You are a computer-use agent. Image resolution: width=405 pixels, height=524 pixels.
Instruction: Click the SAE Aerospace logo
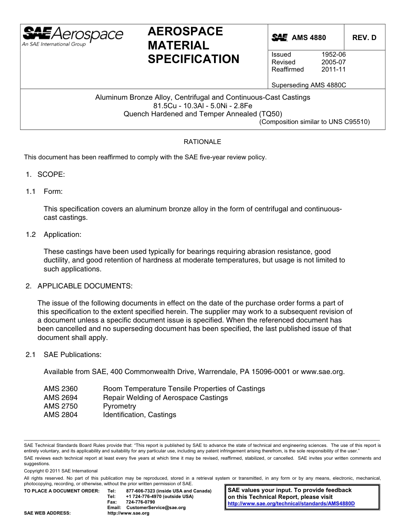pos(72,36)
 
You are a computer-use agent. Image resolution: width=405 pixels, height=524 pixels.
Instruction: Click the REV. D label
pos(364,37)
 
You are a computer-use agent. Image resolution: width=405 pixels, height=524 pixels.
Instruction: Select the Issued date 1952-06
pos(333,55)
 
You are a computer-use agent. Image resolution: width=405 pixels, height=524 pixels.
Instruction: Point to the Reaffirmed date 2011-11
pos(333,69)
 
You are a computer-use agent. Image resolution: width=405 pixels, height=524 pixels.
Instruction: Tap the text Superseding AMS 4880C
pos(309,85)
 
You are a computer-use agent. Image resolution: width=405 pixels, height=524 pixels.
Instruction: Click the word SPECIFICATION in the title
pos(194,59)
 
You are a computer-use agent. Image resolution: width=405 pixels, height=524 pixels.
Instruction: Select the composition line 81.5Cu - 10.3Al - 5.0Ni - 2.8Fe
pos(202,106)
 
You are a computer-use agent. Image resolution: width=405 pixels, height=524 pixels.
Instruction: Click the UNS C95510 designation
pos(349,121)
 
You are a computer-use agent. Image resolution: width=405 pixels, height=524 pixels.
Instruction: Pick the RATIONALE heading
pos(202,142)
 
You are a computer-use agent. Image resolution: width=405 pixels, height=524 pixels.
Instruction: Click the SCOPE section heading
pos(51,174)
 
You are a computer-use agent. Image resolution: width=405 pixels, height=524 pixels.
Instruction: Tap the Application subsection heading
pos(62,234)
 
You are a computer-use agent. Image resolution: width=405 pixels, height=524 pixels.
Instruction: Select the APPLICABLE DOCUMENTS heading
pos(85,286)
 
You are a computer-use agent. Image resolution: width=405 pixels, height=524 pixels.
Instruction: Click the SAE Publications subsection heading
pos(72,354)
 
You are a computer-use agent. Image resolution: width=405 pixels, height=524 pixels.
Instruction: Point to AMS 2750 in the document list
pos(61,406)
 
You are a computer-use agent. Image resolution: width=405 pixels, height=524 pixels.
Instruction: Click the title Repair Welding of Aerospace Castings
pos(165,397)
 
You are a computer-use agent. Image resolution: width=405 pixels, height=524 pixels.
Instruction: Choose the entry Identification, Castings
pos(139,415)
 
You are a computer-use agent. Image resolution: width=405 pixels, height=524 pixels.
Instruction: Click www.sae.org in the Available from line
pos(322,371)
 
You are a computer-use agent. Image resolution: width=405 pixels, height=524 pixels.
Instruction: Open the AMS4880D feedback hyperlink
pos(291,503)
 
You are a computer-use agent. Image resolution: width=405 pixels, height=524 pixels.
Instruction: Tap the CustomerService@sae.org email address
pos(156,508)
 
